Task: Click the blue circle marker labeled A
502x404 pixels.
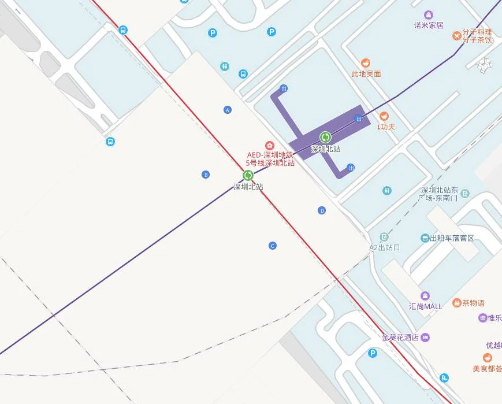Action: [228, 110]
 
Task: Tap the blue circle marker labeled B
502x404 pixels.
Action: [206, 175]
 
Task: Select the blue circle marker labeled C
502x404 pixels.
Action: [273, 246]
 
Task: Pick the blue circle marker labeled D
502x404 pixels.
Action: [322, 210]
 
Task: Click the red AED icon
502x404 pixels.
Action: [269, 146]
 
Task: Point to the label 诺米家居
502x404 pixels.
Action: [429, 25]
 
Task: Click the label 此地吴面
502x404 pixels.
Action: [366, 74]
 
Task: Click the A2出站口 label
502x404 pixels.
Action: [385, 247]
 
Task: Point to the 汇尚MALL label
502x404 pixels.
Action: [425, 306]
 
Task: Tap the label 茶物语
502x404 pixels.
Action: [473, 303]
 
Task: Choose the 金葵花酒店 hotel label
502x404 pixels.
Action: [400, 338]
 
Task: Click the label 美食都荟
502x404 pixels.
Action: [487, 368]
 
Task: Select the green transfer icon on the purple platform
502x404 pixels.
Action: [325, 137]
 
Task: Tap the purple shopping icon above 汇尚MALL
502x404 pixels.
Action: [425, 296]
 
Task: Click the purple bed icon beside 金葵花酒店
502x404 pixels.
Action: [426, 337]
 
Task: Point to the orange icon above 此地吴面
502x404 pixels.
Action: [366, 63]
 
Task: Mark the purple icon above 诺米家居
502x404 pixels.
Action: [429, 15]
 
